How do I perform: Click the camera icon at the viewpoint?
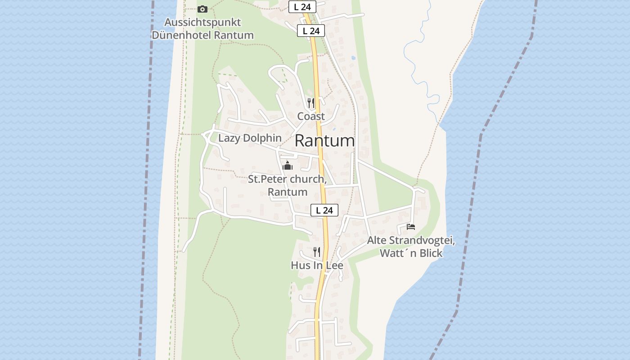coord(202,9)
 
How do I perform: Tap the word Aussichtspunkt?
coord(202,22)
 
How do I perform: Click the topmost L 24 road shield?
coord(302,7)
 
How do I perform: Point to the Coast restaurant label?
coord(311,116)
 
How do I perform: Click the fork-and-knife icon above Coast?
coord(310,103)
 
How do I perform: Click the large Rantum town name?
coord(324,141)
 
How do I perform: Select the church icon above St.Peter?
coord(288,166)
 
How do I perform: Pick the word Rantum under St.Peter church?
coord(288,192)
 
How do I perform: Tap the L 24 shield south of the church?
coord(324,210)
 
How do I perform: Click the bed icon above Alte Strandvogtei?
coord(410,226)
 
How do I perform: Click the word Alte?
coord(377,240)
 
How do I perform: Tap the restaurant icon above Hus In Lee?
coord(317,252)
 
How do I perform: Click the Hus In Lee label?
coord(317,265)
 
